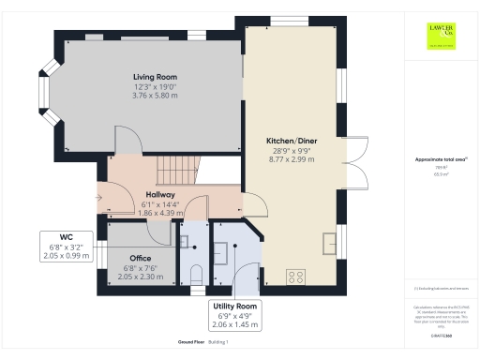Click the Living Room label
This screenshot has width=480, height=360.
pyautogui.click(x=155, y=77)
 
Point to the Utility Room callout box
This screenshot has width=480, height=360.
pyautogui.click(x=235, y=315)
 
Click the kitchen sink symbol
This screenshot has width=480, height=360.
pyautogui.click(x=329, y=243)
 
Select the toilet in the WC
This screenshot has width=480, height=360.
pyautogui.click(x=196, y=274)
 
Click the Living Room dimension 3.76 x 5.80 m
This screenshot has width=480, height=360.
pyautogui.click(x=155, y=95)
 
